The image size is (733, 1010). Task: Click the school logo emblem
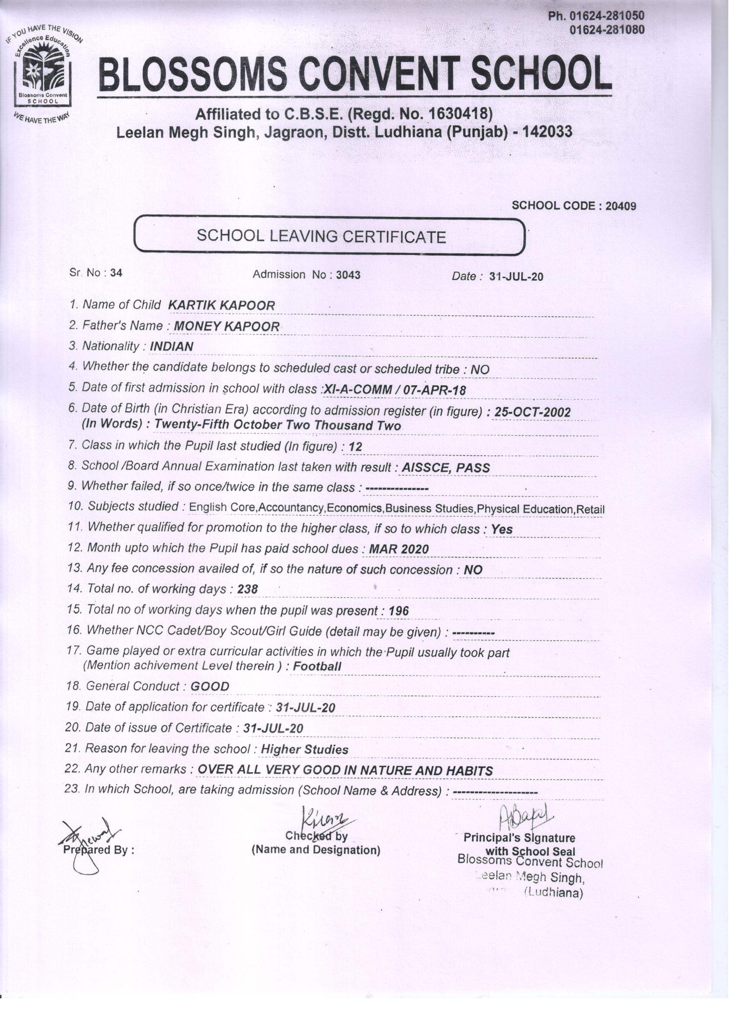(x=43, y=73)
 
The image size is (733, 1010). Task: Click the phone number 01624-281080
(x=607, y=30)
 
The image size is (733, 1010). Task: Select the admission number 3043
(x=348, y=275)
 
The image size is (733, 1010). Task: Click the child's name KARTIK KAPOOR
(x=221, y=305)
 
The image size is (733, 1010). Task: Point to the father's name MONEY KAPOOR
(x=226, y=327)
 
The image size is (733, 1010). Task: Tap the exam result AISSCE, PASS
(x=446, y=467)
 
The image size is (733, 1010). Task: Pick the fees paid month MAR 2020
(x=399, y=549)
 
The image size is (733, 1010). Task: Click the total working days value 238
(x=248, y=590)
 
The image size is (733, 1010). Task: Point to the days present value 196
(x=398, y=611)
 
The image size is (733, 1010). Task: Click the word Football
(x=318, y=667)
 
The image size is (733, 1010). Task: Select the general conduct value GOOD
(x=210, y=686)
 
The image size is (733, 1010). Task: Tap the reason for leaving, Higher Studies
(x=304, y=750)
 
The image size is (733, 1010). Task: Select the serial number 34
(x=116, y=273)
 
